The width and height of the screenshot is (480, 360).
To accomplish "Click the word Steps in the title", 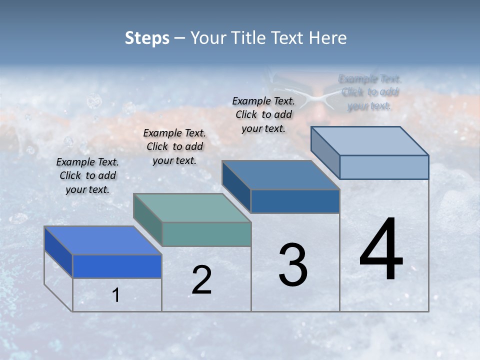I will [147, 38].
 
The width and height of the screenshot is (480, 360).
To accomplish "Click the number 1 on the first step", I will [116, 295].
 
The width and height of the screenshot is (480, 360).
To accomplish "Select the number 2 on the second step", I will [201, 280].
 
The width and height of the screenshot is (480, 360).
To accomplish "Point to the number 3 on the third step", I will [293, 265].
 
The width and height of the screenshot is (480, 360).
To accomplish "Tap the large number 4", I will [381, 249].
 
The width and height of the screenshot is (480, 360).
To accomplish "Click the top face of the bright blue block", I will [102, 240].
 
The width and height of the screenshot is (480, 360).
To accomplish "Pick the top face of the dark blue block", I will [280, 175].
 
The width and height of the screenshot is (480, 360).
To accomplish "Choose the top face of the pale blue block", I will [369, 141].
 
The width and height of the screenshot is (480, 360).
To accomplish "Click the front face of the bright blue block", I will [117, 266].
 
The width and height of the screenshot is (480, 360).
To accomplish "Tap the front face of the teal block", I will [206, 234].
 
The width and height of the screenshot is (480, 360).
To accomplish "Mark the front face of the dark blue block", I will [295, 201].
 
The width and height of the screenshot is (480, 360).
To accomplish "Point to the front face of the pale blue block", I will [384, 167].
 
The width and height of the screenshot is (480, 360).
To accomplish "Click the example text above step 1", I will [87, 175].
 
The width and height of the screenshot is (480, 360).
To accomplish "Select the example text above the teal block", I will [174, 146].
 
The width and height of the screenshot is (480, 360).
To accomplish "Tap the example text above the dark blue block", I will [263, 114].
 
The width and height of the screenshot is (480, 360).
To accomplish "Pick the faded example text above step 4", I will [370, 92].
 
